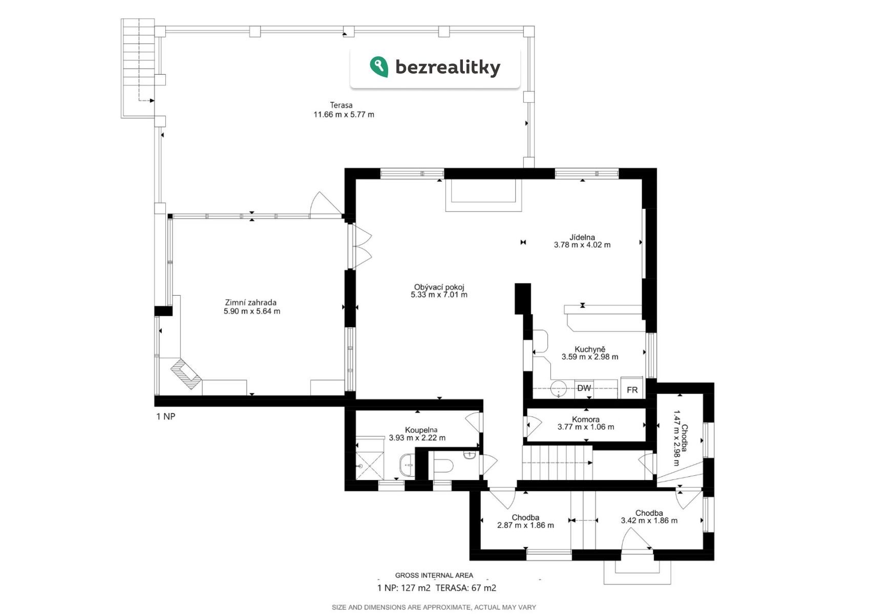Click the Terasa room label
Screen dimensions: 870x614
341,105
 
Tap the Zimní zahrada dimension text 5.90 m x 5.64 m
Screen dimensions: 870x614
251,311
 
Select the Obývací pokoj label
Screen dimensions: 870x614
439,287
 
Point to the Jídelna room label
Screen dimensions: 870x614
582,237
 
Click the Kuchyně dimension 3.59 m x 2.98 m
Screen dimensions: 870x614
589,357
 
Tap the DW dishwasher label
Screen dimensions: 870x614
584,388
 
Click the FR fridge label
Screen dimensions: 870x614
632,390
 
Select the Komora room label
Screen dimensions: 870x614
585,419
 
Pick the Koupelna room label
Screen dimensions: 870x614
421,430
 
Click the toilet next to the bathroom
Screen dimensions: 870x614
443,465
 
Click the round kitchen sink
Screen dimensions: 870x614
558,389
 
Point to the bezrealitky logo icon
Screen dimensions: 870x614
379,67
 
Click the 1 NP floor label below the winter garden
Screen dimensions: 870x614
165,416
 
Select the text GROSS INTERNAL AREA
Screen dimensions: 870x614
434,575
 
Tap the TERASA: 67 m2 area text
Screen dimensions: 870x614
465,588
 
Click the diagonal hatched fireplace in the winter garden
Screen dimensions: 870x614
186,374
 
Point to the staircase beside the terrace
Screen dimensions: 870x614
138,68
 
